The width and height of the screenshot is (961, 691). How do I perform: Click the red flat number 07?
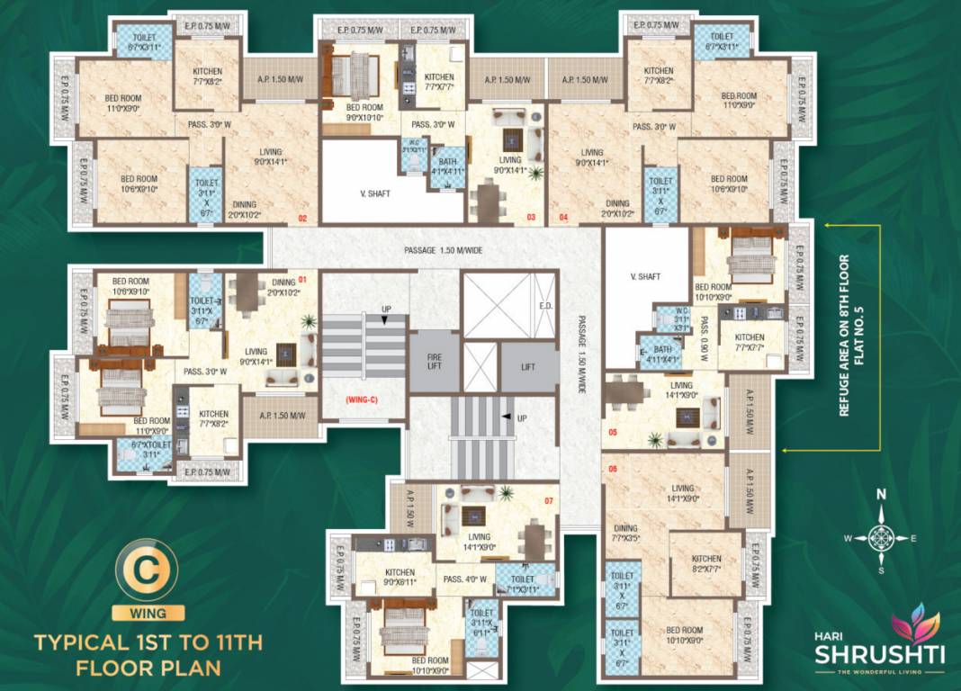click(548, 499)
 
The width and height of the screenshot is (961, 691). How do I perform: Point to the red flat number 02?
click(303, 218)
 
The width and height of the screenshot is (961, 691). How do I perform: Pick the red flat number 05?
click(613, 433)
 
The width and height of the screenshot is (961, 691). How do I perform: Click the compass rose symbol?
click(881, 538)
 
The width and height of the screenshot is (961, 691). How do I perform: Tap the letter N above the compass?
click(881, 494)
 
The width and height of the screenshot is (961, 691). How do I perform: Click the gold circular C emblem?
click(148, 572)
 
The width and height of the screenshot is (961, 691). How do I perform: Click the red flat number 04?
click(564, 218)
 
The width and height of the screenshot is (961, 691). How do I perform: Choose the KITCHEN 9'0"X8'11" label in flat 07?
click(400, 578)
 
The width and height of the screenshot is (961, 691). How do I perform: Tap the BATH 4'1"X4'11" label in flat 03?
click(447, 166)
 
